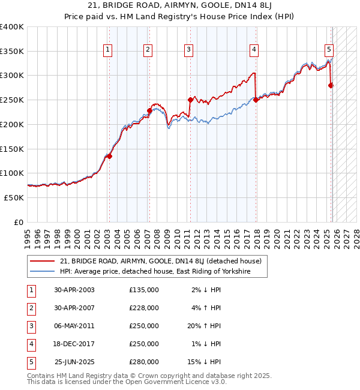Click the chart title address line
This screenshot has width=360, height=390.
point(180,6)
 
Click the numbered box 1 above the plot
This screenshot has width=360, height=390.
point(107,50)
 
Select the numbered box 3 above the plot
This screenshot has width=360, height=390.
point(188,50)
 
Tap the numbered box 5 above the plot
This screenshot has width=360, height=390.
point(329,50)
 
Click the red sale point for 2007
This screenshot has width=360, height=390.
point(149,110)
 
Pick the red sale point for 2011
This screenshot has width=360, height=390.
point(190,100)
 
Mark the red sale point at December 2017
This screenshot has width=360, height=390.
point(256,100)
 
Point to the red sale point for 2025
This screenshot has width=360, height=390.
point(331,85)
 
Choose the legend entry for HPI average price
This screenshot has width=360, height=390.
point(154,272)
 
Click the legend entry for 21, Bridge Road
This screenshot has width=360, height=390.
point(160,261)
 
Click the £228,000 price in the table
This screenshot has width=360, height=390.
point(144,308)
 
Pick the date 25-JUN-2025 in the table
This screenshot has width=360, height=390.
point(74,362)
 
